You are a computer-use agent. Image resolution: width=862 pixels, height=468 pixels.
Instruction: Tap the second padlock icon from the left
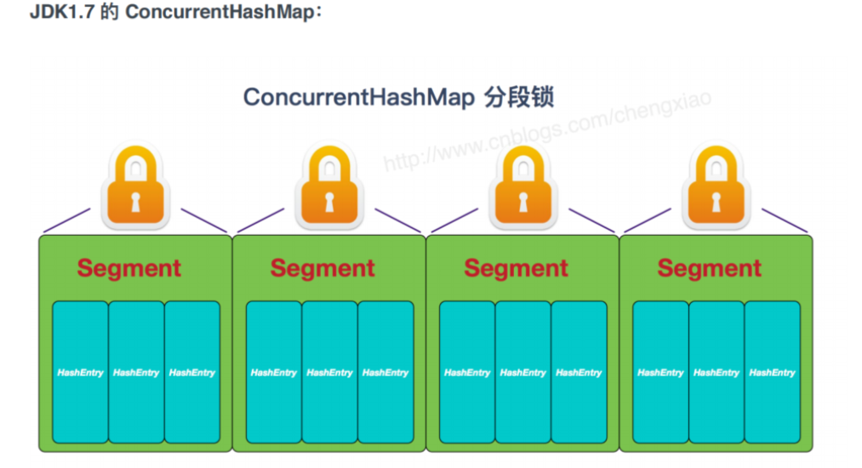[x=329, y=188]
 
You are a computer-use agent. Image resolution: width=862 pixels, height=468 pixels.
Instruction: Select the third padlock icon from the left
[x=522, y=188]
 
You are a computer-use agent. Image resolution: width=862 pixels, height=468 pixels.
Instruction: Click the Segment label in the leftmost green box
[x=129, y=268]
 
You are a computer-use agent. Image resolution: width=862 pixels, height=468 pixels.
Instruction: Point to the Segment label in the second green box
[x=323, y=268]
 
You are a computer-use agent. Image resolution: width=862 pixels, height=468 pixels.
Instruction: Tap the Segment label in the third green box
[x=516, y=268]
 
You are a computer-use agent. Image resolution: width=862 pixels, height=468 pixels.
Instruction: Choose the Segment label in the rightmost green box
[x=710, y=268]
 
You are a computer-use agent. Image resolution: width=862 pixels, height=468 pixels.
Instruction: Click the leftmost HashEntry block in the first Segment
[x=80, y=372]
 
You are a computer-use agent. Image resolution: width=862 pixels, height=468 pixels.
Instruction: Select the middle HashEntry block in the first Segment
[x=136, y=372]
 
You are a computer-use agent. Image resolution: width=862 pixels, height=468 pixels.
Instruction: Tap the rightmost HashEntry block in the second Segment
[x=385, y=372]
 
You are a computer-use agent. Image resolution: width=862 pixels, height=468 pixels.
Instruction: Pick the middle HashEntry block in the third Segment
[x=523, y=372]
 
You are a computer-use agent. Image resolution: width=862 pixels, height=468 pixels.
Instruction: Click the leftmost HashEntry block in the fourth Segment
[x=660, y=372]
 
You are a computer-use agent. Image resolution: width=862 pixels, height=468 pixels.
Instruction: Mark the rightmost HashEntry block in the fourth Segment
[x=772, y=372]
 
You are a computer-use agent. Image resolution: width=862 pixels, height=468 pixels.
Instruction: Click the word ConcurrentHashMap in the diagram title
[x=358, y=97]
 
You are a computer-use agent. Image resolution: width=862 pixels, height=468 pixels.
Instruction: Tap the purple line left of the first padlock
[x=66, y=220]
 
